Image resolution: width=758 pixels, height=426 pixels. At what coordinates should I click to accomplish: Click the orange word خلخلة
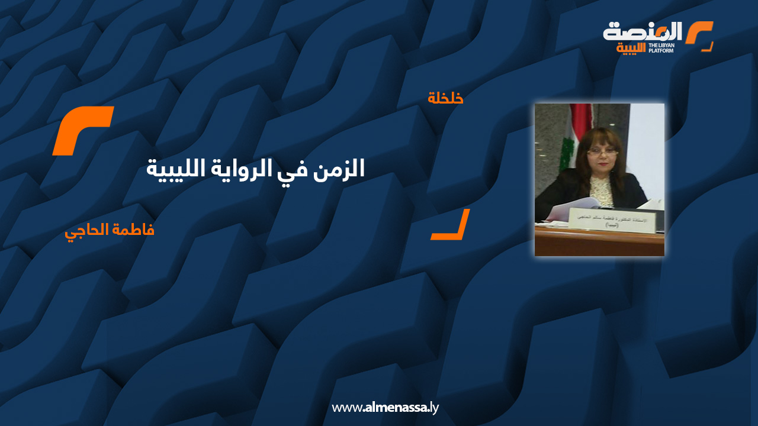tap(445, 98)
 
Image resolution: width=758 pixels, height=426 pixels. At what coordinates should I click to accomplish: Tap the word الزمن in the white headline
tap(343, 169)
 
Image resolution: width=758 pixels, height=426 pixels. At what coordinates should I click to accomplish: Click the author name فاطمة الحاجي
tap(110, 230)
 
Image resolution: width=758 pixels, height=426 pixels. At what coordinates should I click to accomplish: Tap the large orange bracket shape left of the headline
tap(82, 131)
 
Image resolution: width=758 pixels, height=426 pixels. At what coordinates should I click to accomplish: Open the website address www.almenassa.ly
tap(385, 408)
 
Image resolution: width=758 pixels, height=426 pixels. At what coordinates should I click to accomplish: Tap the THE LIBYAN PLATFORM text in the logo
tap(661, 48)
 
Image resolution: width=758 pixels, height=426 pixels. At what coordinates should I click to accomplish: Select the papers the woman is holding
tap(568, 208)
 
